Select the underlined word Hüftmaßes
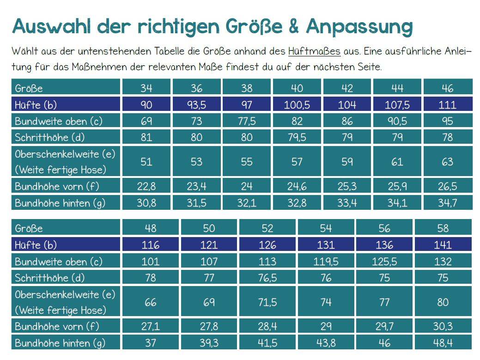pos(314,51)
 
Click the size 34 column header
pos(146,88)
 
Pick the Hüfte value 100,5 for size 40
pos(297,104)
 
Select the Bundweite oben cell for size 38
pos(247,122)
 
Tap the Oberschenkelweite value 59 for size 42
pos(347,162)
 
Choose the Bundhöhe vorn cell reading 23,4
pos(196,186)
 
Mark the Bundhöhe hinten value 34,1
pos(397,203)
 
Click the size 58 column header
pos(443,228)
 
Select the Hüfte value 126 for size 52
pos(267,245)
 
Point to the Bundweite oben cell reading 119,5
pos(326,262)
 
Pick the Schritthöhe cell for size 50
pos(209,278)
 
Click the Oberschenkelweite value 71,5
pos(267,302)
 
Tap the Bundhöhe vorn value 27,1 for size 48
pos(150,327)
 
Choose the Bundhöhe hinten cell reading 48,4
pos(443,343)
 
